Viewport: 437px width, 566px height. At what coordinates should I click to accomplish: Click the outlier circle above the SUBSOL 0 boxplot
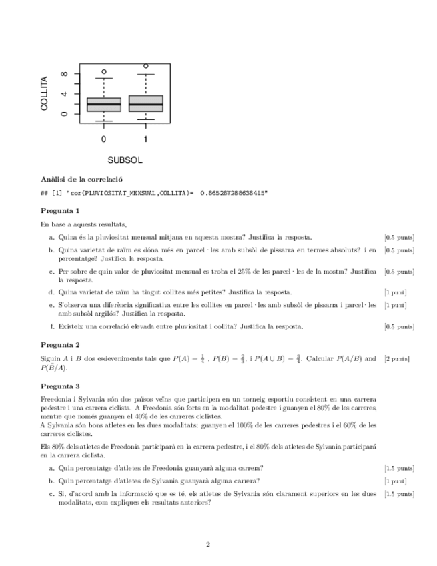tap(104, 71)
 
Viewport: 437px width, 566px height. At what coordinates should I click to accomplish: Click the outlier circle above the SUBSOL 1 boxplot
tap(146, 66)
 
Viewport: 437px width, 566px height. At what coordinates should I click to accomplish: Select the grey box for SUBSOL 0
tap(104, 105)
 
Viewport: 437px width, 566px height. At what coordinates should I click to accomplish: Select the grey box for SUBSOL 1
tap(146, 103)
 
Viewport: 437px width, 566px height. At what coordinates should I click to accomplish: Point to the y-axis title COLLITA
tap(45, 93)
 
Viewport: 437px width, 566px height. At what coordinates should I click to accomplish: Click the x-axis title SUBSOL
tap(125, 160)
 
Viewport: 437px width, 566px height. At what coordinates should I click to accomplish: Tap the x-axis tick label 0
tap(104, 139)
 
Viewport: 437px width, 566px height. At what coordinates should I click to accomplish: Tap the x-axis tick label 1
tap(146, 139)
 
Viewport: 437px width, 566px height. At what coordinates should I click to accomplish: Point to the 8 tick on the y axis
tap(64, 75)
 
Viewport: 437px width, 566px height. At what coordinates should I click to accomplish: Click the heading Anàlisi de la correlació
tap(81, 179)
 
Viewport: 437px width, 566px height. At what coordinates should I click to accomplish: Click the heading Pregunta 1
tap(60, 210)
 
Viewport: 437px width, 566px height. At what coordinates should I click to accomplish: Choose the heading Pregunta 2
tap(60, 345)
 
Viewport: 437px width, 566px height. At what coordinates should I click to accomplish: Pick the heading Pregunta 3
tap(60, 386)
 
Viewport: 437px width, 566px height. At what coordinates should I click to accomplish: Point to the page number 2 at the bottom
tap(208, 544)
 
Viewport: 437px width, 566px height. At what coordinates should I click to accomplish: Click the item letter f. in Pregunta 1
tap(52, 326)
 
